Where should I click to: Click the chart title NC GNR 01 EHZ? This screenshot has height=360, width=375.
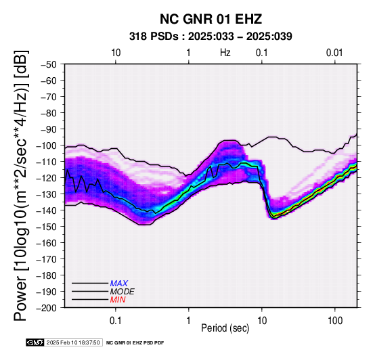point(211,19)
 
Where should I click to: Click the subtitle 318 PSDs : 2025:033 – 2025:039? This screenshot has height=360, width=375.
point(211,37)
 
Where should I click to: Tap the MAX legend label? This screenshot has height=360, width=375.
point(119,284)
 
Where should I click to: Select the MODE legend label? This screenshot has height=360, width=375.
point(123,292)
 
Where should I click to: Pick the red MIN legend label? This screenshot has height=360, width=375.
point(118,300)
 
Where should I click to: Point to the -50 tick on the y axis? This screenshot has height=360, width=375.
point(49,64)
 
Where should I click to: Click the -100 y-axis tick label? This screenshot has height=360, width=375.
point(47,145)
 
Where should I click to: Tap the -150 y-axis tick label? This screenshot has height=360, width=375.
point(47,227)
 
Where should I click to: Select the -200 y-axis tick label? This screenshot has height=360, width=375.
point(47,308)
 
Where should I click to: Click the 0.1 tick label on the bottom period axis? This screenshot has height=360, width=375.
point(116,321)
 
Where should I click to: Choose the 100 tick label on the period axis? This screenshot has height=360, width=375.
point(335,321)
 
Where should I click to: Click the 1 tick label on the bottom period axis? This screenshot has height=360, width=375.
point(188,321)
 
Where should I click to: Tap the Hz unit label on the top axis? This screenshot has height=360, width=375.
point(225,53)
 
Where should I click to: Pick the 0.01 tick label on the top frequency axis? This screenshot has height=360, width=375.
point(334,53)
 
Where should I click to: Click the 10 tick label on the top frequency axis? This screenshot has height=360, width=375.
point(116,53)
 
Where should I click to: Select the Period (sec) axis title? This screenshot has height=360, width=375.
point(225,328)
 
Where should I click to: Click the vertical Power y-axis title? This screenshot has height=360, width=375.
point(21,185)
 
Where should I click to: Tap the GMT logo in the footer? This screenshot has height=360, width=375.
point(35,342)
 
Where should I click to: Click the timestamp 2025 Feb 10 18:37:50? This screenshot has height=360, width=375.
point(73,342)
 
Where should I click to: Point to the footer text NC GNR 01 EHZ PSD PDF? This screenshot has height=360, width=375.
point(135,343)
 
